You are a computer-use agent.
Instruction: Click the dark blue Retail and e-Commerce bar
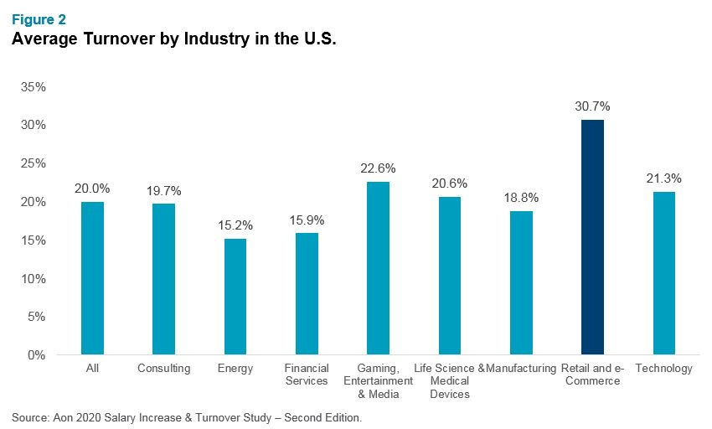(592, 237)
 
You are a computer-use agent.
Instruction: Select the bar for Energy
(235, 297)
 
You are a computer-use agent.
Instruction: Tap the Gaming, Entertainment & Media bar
(378, 268)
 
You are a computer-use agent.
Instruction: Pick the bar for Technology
(663, 273)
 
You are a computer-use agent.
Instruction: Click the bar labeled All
(92, 278)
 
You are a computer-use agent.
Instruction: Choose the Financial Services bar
(307, 293)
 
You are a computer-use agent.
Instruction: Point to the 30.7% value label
(592, 106)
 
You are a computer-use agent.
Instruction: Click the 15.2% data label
(235, 225)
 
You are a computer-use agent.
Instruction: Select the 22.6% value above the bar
(378, 168)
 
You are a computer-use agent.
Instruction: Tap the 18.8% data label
(521, 198)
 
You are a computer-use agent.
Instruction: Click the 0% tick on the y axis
(37, 354)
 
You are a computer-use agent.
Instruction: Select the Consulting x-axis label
(163, 369)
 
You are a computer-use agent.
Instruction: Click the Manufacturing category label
(523, 369)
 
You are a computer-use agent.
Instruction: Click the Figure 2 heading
(39, 18)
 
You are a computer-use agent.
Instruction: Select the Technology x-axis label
(663, 369)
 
